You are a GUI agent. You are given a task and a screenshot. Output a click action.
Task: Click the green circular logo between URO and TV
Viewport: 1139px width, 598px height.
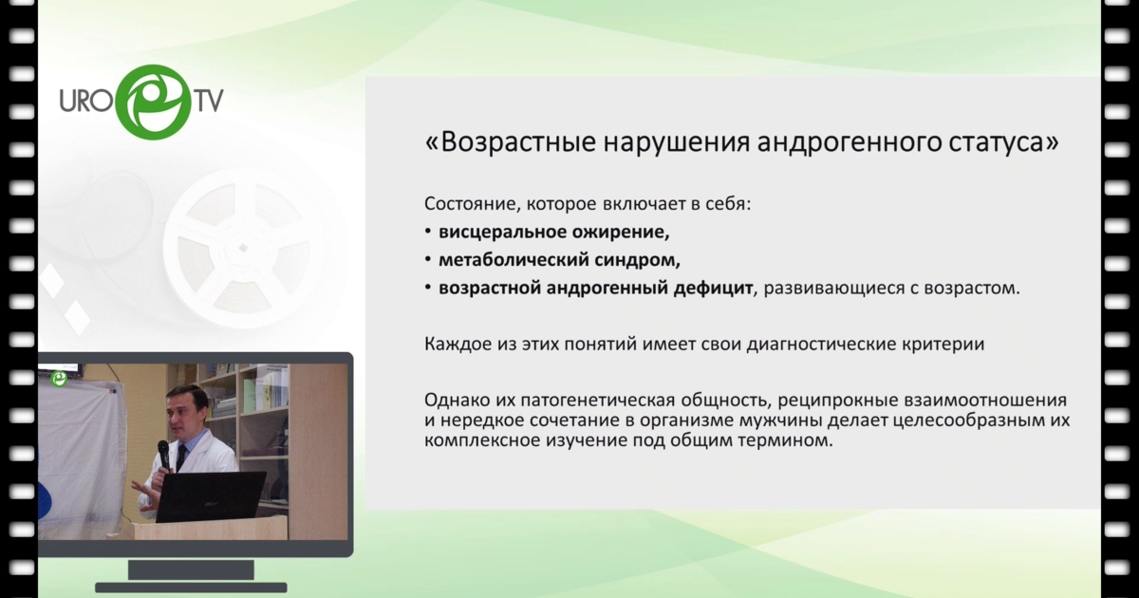pos(154,102)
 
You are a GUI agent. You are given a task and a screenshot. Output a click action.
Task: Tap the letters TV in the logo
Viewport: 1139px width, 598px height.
pos(208,100)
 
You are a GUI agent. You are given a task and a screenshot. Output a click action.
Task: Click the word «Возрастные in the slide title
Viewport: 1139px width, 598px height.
pos(510,142)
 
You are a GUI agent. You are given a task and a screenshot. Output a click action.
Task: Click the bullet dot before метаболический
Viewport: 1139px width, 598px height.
pos(429,260)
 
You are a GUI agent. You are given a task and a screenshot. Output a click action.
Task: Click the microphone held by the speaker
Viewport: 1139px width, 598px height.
pos(163,455)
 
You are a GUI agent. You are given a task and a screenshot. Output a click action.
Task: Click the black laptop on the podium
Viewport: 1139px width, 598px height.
pos(211,496)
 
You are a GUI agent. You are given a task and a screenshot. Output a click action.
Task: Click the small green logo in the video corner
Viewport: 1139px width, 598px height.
pos(60,379)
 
